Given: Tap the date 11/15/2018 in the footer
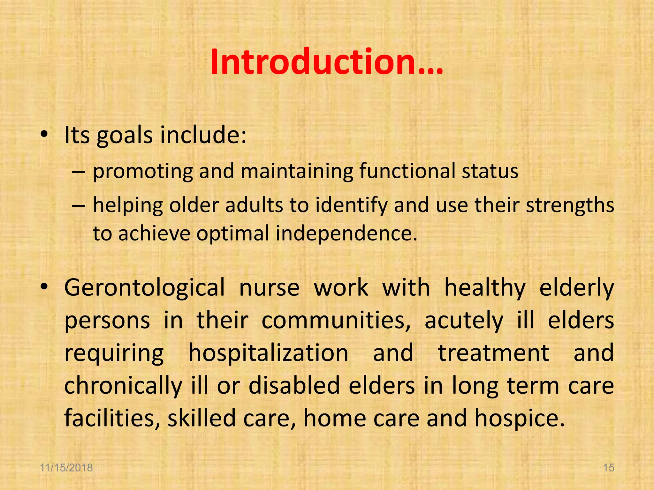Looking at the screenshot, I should (x=66, y=468).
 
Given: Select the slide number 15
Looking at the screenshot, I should (x=609, y=468).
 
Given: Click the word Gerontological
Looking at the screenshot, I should (x=144, y=288).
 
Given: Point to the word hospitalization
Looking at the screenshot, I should (x=268, y=353).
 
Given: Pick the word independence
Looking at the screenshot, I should (x=346, y=233).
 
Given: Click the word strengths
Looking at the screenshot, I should (x=570, y=205).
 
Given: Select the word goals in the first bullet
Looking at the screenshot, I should (x=125, y=136).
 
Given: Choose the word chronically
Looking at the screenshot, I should (x=123, y=386).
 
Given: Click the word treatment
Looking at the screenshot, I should (x=494, y=353).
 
